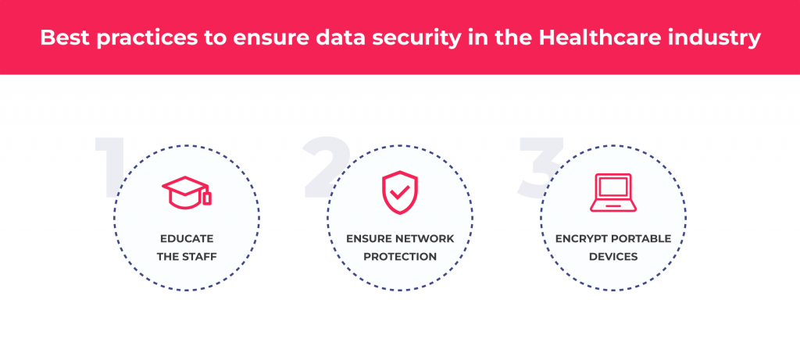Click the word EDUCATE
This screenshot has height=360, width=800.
tap(187, 239)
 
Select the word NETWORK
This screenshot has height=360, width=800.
tap(426, 239)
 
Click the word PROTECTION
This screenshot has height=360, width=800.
tap(399, 255)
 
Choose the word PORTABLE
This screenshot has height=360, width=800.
tap(642, 239)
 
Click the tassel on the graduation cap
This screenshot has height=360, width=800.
tap(206, 198)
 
